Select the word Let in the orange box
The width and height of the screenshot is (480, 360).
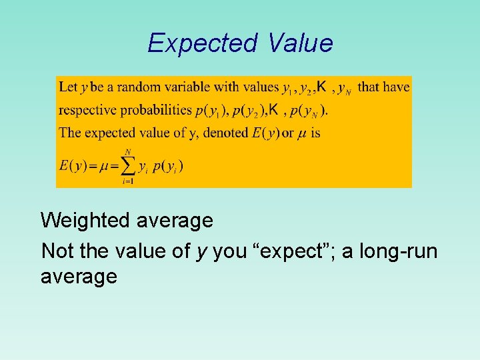(x=68, y=87)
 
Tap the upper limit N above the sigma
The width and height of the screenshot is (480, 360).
(x=127, y=151)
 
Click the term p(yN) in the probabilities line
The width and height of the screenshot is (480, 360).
(x=309, y=111)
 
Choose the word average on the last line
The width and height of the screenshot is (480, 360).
(x=79, y=276)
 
